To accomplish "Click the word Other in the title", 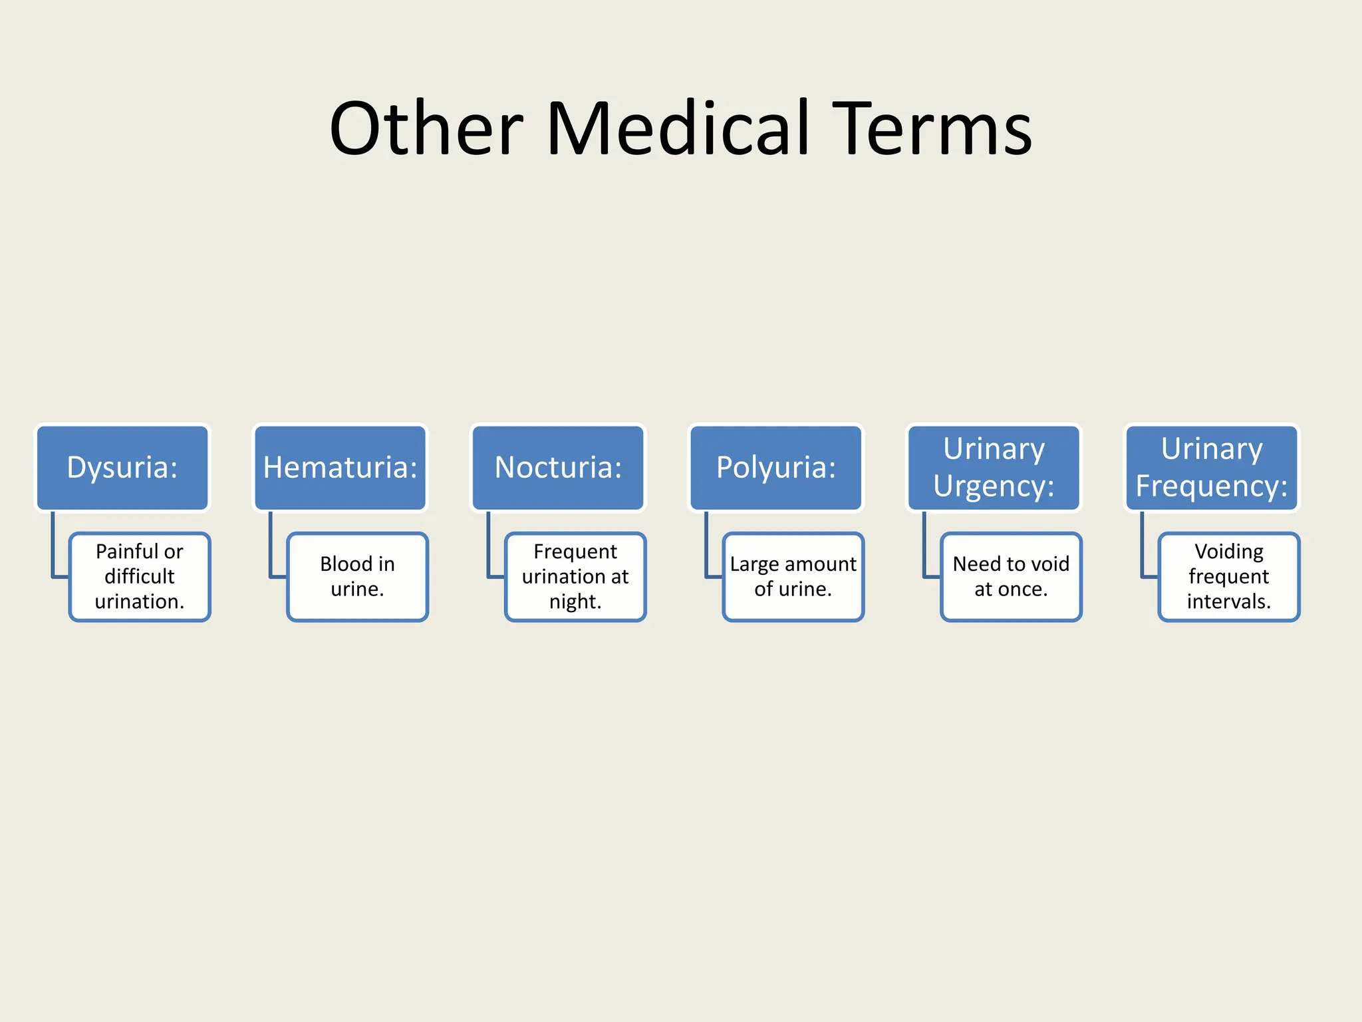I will (426, 128).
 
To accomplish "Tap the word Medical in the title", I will (678, 128).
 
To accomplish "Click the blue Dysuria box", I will (122, 468).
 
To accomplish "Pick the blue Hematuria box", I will (340, 468).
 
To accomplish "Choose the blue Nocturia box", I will (558, 468).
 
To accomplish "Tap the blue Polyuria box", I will (776, 468).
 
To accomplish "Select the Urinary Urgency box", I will (994, 468).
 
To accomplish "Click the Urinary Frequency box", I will (1212, 468).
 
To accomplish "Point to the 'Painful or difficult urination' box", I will (140, 576).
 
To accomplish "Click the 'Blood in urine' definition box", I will (357, 576).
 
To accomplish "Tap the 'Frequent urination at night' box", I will (575, 576).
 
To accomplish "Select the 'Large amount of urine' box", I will (793, 576).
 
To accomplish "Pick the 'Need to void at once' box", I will (1011, 576).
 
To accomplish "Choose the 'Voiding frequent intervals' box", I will (1229, 576).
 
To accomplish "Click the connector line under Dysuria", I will (53, 546).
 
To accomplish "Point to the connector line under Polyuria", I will (706, 546).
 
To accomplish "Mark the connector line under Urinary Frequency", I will (1143, 546).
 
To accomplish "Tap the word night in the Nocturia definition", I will (575, 601).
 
